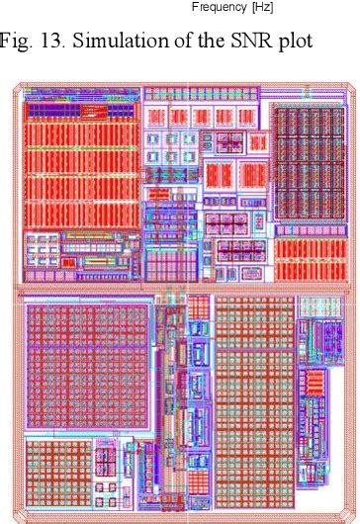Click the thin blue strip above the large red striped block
click(x=79, y=102)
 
